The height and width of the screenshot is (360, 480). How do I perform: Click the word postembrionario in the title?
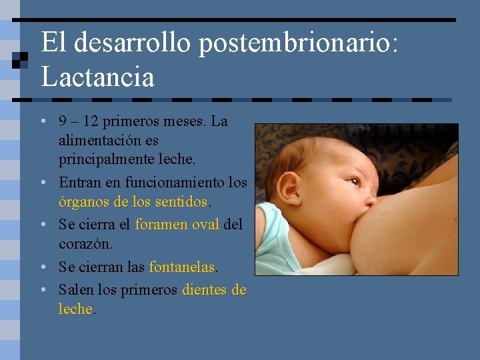click(297, 43)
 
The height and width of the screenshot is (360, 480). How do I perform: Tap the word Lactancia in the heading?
click(97, 77)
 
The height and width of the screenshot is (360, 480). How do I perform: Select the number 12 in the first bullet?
click(92, 121)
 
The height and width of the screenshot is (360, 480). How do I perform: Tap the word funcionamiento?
click(169, 182)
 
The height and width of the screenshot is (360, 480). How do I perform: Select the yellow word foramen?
click(161, 225)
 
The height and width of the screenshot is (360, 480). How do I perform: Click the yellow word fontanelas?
click(182, 267)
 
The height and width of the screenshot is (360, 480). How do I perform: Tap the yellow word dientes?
click(205, 290)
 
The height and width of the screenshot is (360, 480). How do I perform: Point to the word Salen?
click(76, 290)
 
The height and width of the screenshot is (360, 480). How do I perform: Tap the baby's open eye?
click(355, 181)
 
